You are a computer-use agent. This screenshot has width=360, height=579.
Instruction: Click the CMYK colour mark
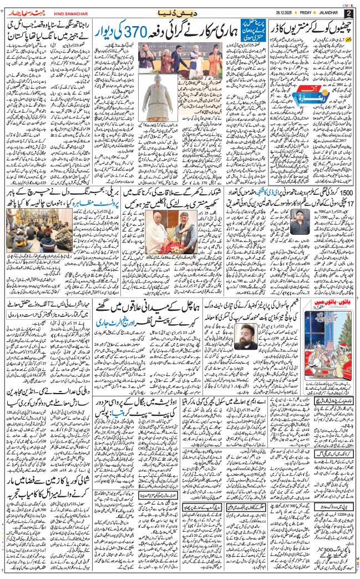point(347,3)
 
